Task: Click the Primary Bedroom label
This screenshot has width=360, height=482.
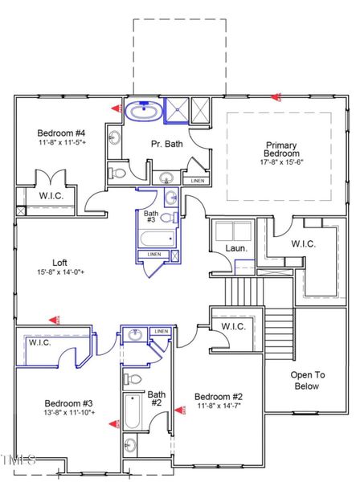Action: coord(282,149)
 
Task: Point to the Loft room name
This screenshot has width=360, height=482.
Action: coord(60,262)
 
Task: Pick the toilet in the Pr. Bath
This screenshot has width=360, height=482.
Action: coord(119,171)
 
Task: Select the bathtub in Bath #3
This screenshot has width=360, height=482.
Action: coord(157,239)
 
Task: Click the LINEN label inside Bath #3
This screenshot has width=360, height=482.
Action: coord(153,255)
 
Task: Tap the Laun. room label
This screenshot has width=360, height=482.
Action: coord(235,248)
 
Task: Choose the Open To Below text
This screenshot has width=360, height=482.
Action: coord(306,380)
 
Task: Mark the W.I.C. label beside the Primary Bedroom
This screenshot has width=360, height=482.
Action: coord(303,243)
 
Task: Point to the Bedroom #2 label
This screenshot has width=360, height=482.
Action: coord(219,397)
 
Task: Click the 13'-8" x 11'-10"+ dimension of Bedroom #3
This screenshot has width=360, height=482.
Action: coord(69,413)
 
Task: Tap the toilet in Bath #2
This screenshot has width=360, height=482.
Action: coord(133,378)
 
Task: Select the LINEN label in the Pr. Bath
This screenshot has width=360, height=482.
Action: coord(197,181)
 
